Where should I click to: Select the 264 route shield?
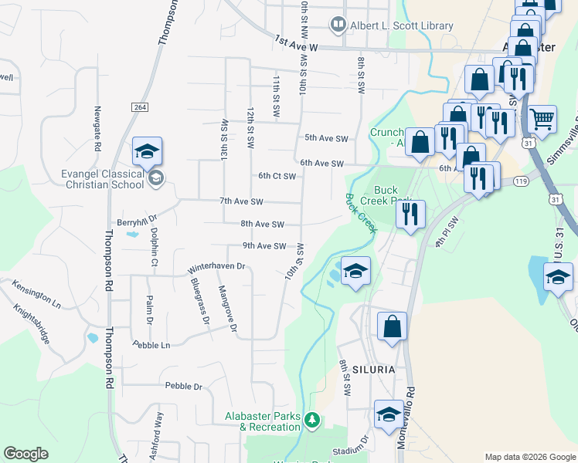coord(140,106)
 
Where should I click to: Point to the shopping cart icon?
coord(542,120)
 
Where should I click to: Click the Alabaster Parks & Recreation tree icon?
coord(312,421)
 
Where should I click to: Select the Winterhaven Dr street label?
coord(216,267)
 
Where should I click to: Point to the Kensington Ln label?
coord(36,291)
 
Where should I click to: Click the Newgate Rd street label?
coord(98,128)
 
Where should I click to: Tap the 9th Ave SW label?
coord(264,246)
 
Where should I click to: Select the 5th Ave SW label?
coord(326,138)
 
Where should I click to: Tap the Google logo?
coord(26,454)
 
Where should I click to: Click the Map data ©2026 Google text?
coord(529,457)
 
